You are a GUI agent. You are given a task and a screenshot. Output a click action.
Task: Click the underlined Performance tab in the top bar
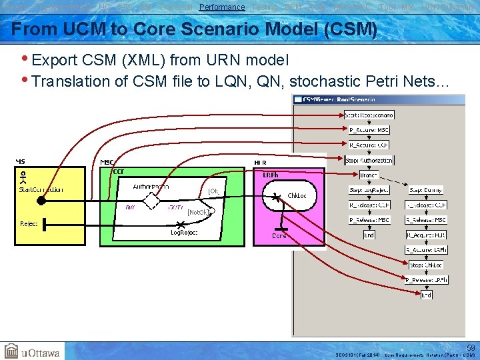[x=222, y=7]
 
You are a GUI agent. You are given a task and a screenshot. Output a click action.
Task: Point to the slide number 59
[x=471, y=347]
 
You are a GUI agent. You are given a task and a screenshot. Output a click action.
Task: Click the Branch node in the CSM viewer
[x=369, y=175]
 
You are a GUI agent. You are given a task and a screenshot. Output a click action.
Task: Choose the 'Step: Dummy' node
[x=426, y=190]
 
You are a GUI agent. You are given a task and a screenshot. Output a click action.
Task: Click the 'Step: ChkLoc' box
[x=426, y=265]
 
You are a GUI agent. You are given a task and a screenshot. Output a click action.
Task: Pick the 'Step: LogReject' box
[x=369, y=190]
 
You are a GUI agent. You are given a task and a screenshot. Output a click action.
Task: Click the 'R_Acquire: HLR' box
[x=426, y=235]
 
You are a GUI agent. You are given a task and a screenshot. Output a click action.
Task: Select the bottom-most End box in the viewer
[x=426, y=294]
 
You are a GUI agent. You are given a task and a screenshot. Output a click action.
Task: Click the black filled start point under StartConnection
[x=41, y=199]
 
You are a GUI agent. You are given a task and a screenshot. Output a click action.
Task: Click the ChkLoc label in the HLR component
[x=297, y=196]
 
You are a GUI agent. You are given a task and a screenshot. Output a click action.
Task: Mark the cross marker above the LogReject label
[x=180, y=225]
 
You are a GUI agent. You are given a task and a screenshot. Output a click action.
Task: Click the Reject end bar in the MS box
[x=45, y=225]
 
